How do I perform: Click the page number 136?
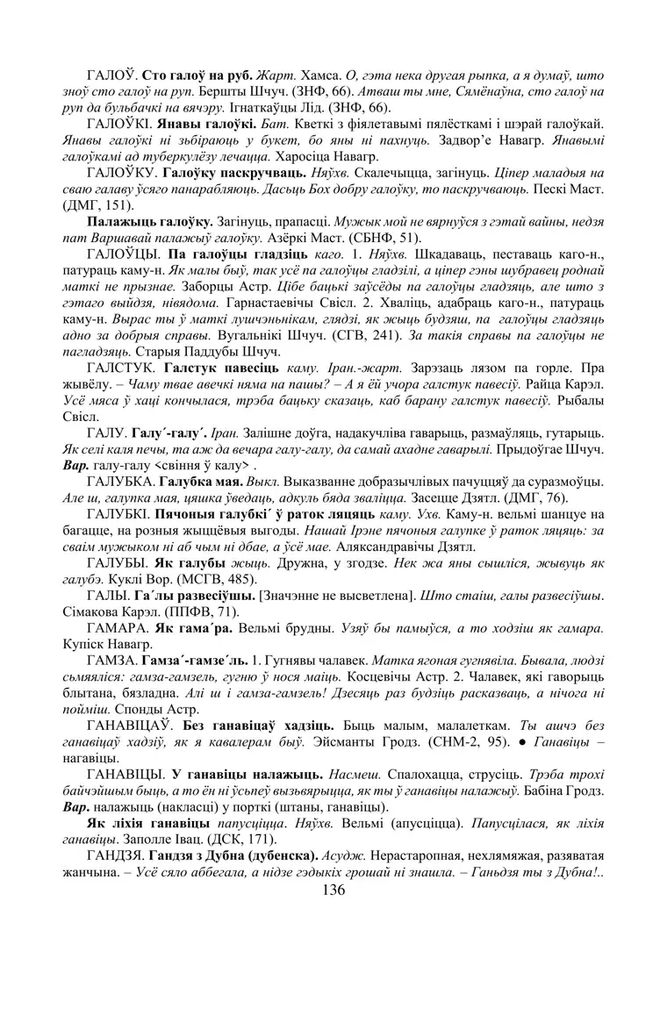333,890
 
